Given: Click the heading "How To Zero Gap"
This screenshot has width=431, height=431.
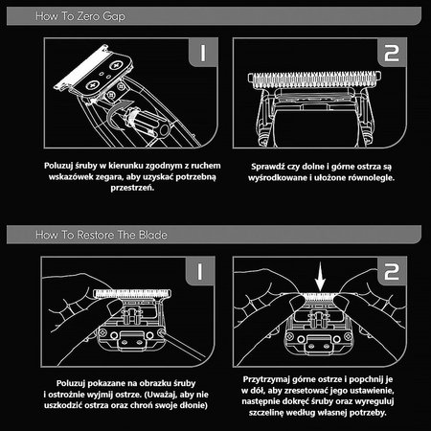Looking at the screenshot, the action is click(x=80, y=16).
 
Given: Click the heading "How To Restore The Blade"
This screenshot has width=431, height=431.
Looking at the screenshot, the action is click(x=102, y=235).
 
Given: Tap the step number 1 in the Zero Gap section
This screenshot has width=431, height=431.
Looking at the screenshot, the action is click(x=203, y=52).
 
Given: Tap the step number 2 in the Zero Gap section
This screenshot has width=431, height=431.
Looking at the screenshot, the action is click(x=392, y=53).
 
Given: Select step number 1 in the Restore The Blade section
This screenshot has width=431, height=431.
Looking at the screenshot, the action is click(x=200, y=271).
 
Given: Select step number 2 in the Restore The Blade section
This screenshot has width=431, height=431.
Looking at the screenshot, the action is click(x=392, y=271).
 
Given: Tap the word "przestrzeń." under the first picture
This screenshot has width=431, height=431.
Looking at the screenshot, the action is click(x=132, y=188).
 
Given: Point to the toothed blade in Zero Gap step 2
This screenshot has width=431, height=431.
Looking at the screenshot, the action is click(x=314, y=79).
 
